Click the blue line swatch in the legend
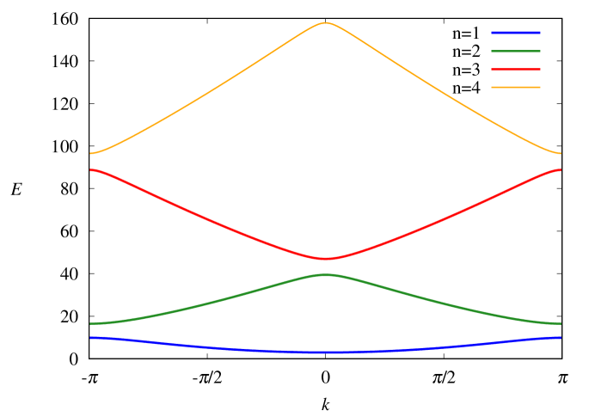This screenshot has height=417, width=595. click(516, 33)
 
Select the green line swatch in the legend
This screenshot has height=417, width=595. click(516, 51)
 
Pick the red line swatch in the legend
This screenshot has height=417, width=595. click(516, 70)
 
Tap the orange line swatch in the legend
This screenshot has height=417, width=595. click(516, 88)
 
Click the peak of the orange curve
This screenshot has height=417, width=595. click(325, 23)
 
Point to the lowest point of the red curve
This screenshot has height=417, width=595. click(325, 258)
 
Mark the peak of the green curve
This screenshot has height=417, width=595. click(325, 274)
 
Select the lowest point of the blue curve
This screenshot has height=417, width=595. click(325, 353)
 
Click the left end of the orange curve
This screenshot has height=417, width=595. click(90, 154)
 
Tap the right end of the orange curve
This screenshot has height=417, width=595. click(561, 154)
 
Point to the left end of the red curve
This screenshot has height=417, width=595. click(90, 170)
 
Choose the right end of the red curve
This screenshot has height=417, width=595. click(561, 170)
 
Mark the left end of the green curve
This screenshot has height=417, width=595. click(90, 323)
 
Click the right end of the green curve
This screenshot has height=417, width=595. click(561, 323)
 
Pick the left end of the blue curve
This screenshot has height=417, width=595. click(90, 338)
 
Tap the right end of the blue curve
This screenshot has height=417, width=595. click(561, 338)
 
